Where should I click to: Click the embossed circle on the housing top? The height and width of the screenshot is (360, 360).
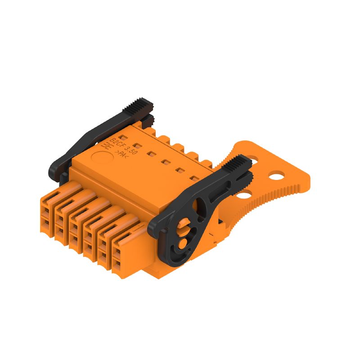(100, 158)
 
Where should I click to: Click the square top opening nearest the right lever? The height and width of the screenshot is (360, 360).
(194, 179)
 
